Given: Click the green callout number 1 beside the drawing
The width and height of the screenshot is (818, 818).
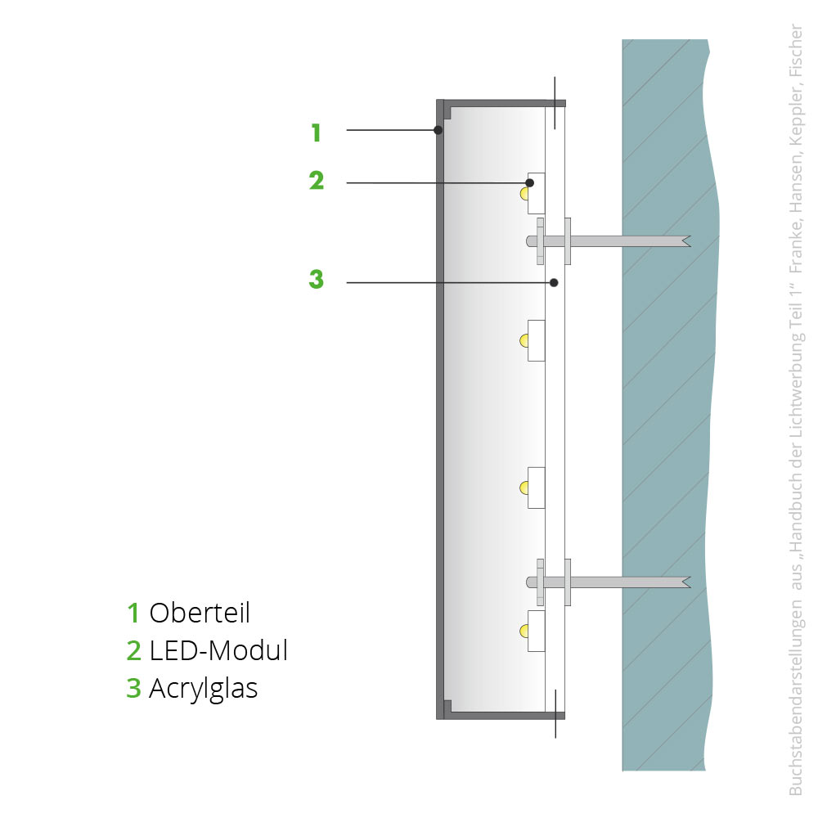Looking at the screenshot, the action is click(316, 133).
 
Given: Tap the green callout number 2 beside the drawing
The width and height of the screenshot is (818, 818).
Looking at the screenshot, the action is click(316, 181).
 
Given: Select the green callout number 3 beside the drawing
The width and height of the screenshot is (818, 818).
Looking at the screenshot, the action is click(316, 279).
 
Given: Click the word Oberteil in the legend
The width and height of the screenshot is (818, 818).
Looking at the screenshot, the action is click(200, 613).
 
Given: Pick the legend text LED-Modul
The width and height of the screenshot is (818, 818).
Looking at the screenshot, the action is click(218, 650).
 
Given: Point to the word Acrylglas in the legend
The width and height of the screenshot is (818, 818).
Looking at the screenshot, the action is click(204, 689).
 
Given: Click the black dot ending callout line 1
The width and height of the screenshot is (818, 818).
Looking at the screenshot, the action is click(438, 130).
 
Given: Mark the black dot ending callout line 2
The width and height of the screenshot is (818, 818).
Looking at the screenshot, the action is click(529, 182).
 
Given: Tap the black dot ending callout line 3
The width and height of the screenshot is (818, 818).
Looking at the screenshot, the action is click(554, 283).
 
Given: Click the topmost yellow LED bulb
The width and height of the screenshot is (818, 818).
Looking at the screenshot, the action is click(524, 194).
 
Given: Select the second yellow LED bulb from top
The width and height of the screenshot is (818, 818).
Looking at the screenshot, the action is click(524, 341).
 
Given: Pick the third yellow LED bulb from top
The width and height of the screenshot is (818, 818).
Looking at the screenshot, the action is click(524, 488).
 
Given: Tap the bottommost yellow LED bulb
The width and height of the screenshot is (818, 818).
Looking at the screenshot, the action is click(524, 631).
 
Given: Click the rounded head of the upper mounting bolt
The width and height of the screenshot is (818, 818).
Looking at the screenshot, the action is click(531, 241).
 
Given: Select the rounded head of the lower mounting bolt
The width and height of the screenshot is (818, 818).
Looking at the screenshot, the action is click(531, 582).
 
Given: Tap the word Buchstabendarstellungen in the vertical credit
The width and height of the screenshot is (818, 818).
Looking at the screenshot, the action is click(797, 698).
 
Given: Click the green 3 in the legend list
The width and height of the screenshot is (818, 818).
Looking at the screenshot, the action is click(134, 689).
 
